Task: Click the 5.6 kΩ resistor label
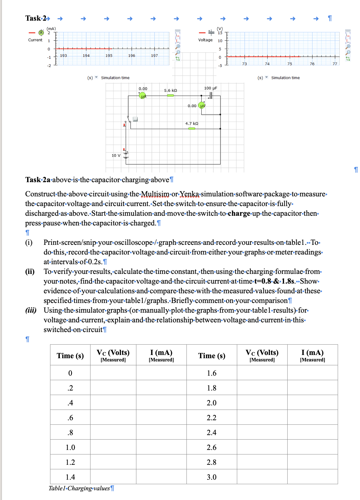[170, 90]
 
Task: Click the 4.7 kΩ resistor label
[192, 123]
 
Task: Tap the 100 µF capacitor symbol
[211, 95]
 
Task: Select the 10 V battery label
[116, 155]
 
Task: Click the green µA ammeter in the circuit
[142, 96]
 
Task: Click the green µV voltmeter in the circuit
[202, 106]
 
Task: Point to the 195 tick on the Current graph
[109, 56]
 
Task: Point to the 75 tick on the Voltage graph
[290, 64]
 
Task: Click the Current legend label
[35, 40]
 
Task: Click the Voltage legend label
[205, 40]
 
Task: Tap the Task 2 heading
[36, 18]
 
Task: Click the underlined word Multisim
[155, 194]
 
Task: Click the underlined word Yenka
[189, 194]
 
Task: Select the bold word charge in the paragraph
[239, 214]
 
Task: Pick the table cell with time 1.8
[212, 388]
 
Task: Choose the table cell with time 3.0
[212, 477]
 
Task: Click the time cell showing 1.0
[70, 447]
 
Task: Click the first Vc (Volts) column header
[113, 355]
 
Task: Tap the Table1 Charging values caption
[79, 488]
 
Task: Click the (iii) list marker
[31, 310]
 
